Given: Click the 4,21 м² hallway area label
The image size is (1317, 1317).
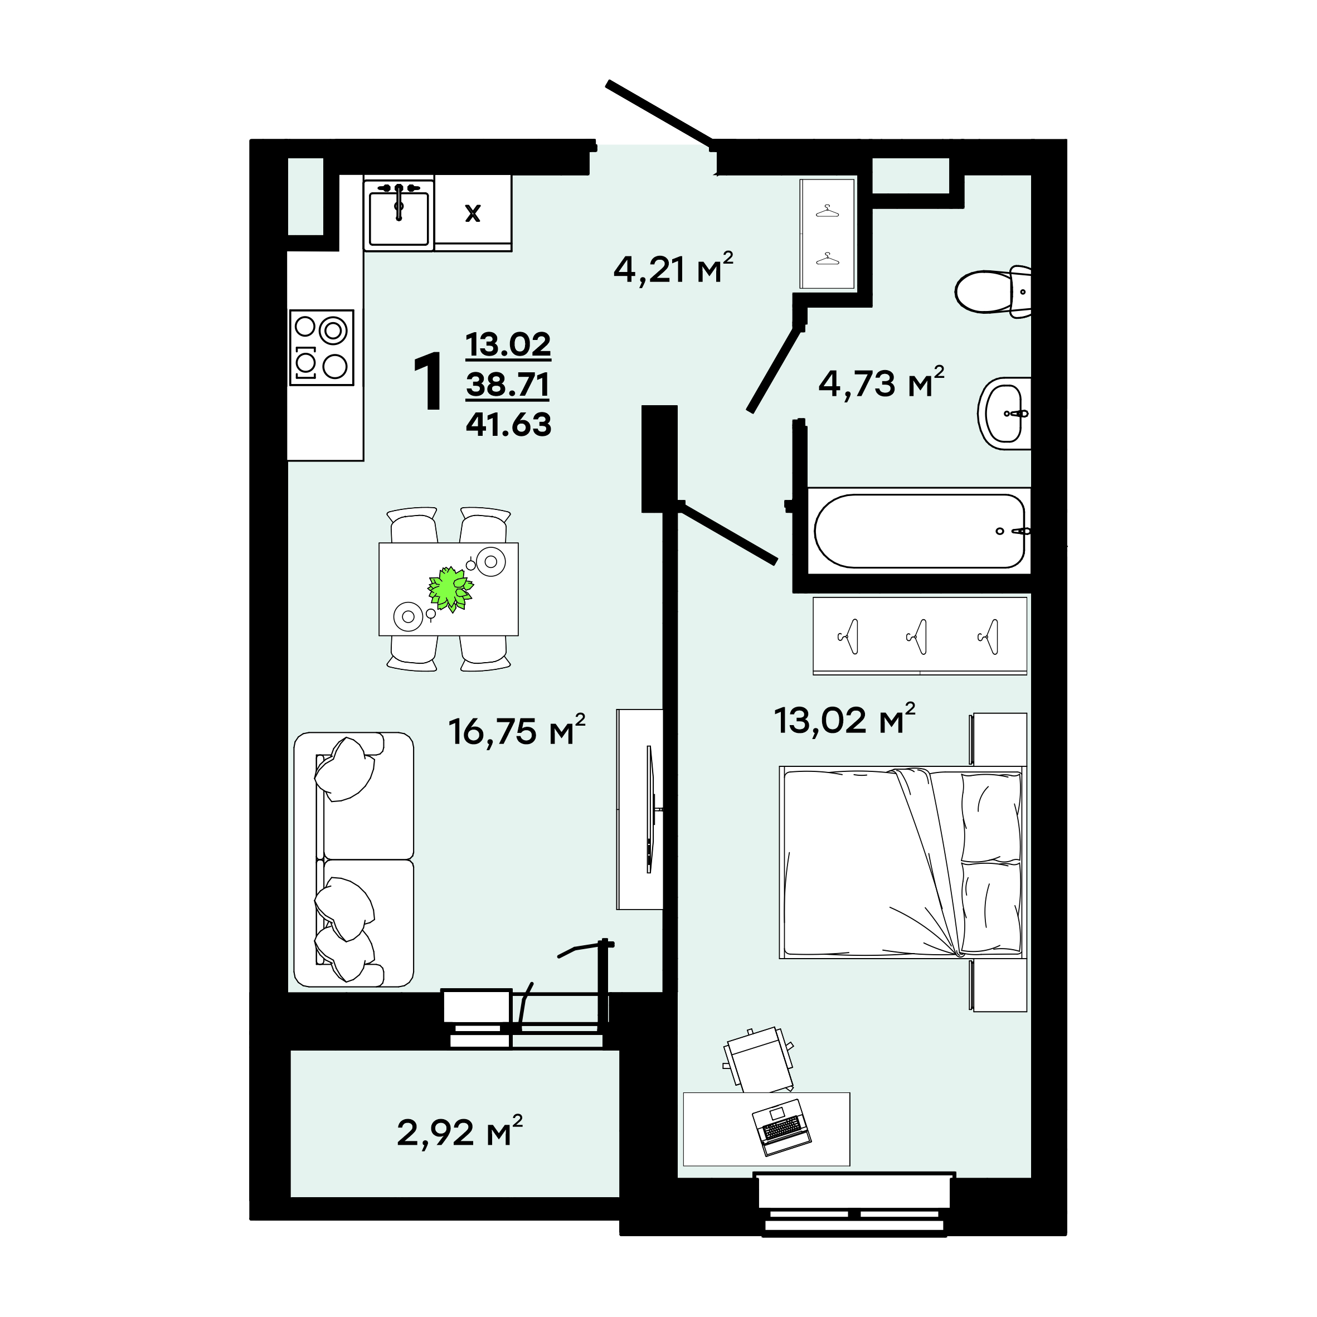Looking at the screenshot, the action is tap(673, 269).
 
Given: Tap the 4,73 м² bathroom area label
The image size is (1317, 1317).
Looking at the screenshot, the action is tap(881, 382).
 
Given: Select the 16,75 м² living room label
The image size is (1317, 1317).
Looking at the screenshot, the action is tap(517, 730).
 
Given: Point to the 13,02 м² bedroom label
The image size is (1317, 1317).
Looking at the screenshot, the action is tap(844, 719).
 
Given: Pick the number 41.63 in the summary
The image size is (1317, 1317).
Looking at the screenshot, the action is tap(508, 425).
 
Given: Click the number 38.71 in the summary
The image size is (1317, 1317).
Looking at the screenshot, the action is tap(508, 385).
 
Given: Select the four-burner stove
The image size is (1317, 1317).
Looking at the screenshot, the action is tap(322, 348).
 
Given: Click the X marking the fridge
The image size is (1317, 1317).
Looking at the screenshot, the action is tap(473, 214).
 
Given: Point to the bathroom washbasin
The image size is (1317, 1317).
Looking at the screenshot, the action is tap(1004, 413).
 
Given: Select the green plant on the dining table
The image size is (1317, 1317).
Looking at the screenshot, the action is tap(450, 589).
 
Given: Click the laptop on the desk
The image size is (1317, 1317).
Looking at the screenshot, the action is tap(782, 1128).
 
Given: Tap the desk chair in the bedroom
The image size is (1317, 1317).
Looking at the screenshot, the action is tap(758, 1060).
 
